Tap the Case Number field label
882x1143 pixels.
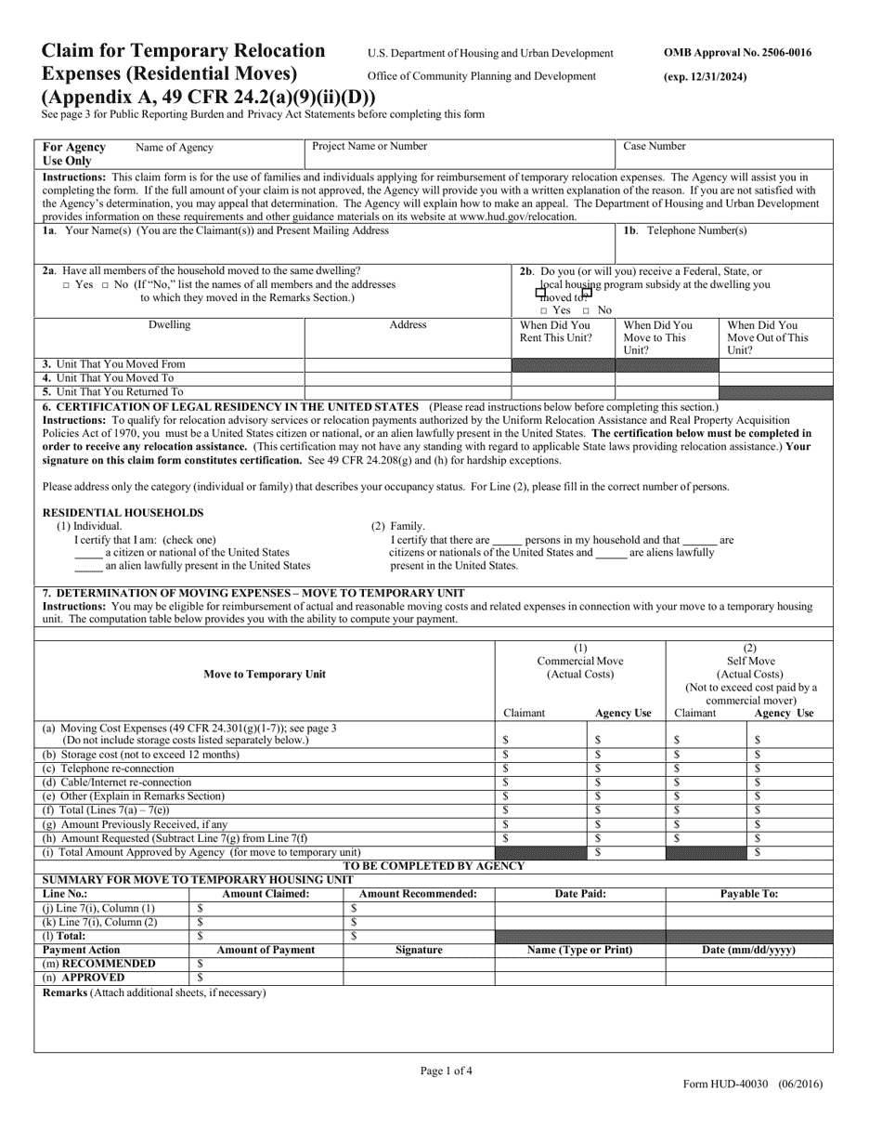[655, 146]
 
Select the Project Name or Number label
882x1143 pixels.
[370, 146]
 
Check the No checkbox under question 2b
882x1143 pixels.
[587, 310]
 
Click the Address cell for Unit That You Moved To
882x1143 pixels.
[409, 378]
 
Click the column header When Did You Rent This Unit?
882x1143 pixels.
[555, 332]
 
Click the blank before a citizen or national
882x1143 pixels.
[88, 552]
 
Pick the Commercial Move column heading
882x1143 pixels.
[580, 661]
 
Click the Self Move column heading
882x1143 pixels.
[750, 661]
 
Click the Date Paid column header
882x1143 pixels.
[580, 893]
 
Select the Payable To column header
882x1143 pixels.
[749, 893]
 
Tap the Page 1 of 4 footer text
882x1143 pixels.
[446, 1071]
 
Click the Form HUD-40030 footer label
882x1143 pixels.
[750, 1084]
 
